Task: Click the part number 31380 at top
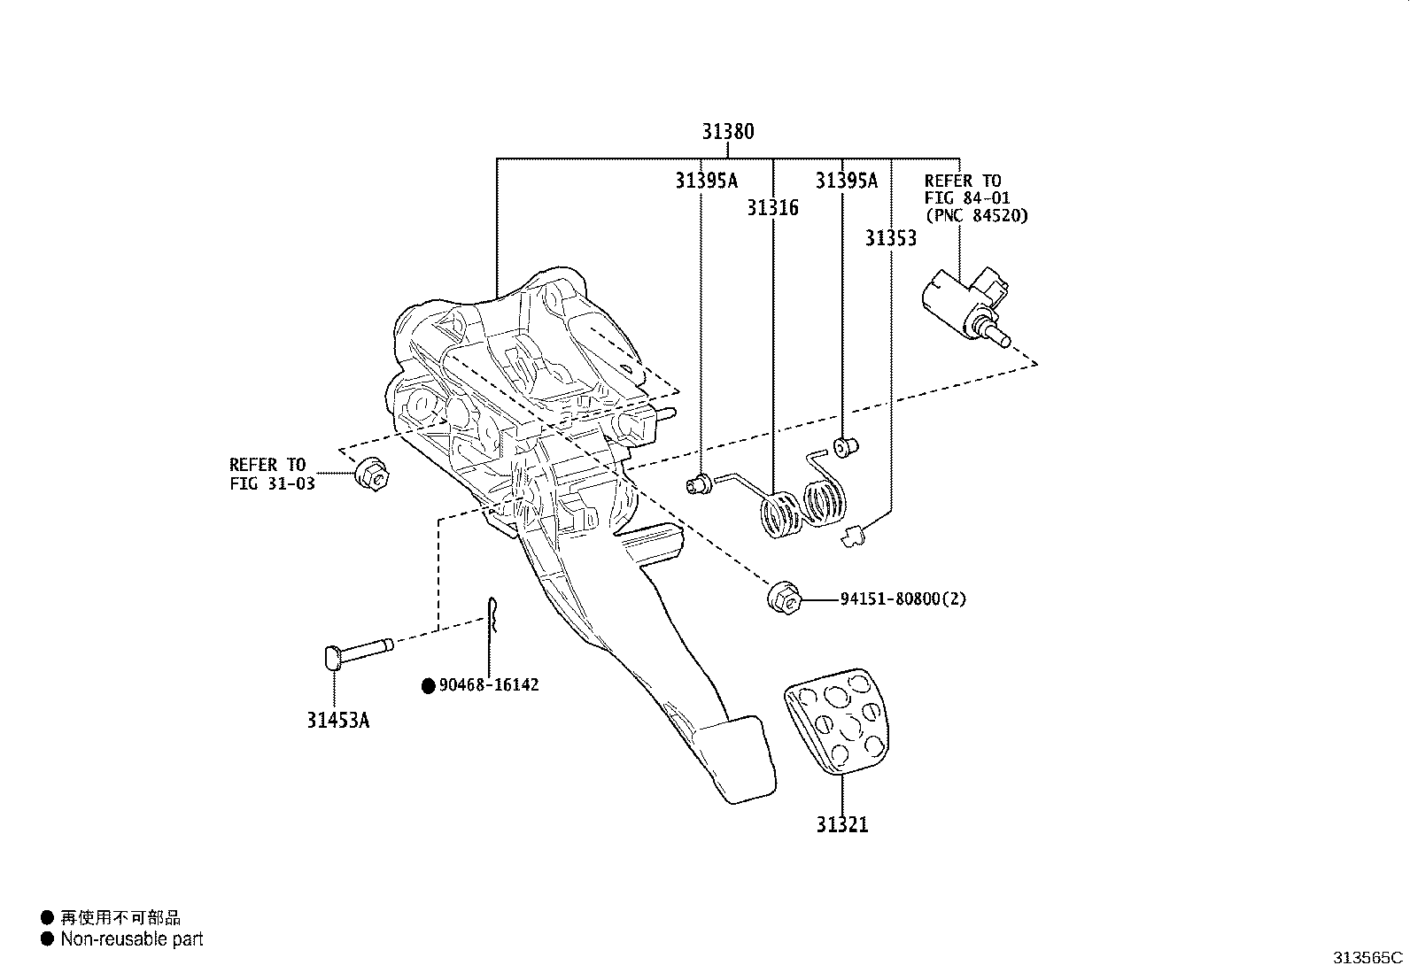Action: pyautogui.click(x=728, y=132)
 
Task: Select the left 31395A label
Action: pyautogui.click(x=705, y=181)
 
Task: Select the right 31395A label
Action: pyautogui.click(x=846, y=181)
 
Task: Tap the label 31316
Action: pyautogui.click(x=771, y=208)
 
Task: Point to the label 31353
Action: pyautogui.click(x=890, y=238)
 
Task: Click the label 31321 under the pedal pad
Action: pyautogui.click(x=842, y=824)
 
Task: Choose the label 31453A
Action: pyautogui.click(x=338, y=720)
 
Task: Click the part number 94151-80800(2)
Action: pyautogui.click(x=903, y=598)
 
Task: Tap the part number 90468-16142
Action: pyautogui.click(x=487, y=684)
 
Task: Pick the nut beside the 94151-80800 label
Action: pyautogui.click(x=783, y=598)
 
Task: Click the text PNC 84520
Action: pyautogui.click(x=976, y=215)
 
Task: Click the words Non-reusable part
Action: pyautogui.click(x=131, y=939)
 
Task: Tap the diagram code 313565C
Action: pyautogui.click(x=1368, y=957)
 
